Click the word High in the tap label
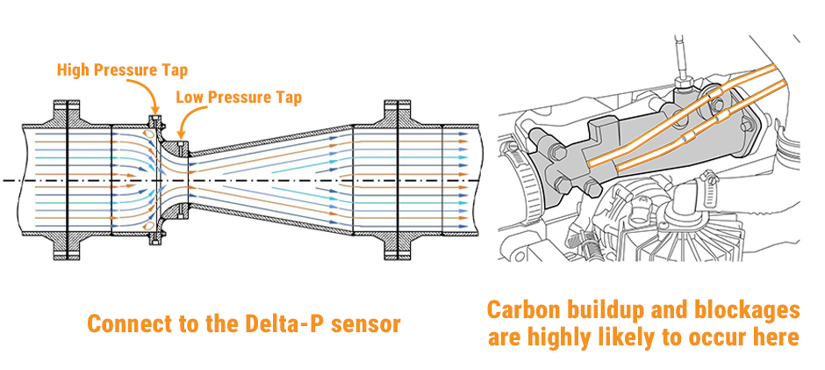click(x=72, y=69)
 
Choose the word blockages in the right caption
click(x=750, y=310)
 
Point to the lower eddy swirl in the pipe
click(x=149, y=225)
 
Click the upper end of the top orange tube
click(x=773, y=67)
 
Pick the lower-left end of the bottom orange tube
click(x=619, y=169)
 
